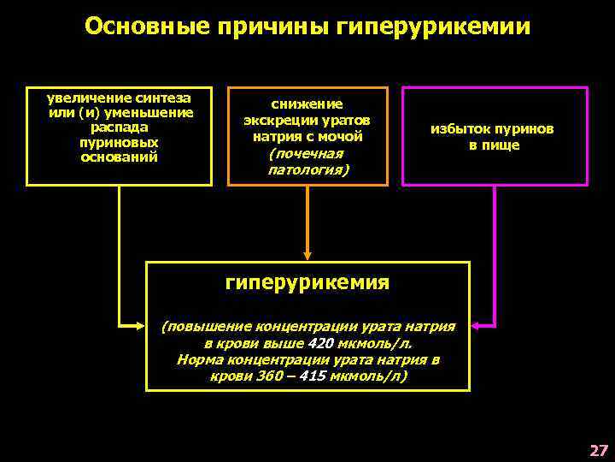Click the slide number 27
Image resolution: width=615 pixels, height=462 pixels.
pyautogui.click(x=598, y=450)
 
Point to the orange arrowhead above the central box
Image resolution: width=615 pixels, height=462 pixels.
pyautogui.click(x=307, y=254)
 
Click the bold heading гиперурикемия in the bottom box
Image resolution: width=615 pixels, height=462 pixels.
pyautogui.click(x=307, y=282)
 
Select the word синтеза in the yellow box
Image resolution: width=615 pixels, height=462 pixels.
pyautogui.click(x=167, y=100)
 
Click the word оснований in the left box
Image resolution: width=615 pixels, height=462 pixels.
pyautogui.click(x=120, y=157)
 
